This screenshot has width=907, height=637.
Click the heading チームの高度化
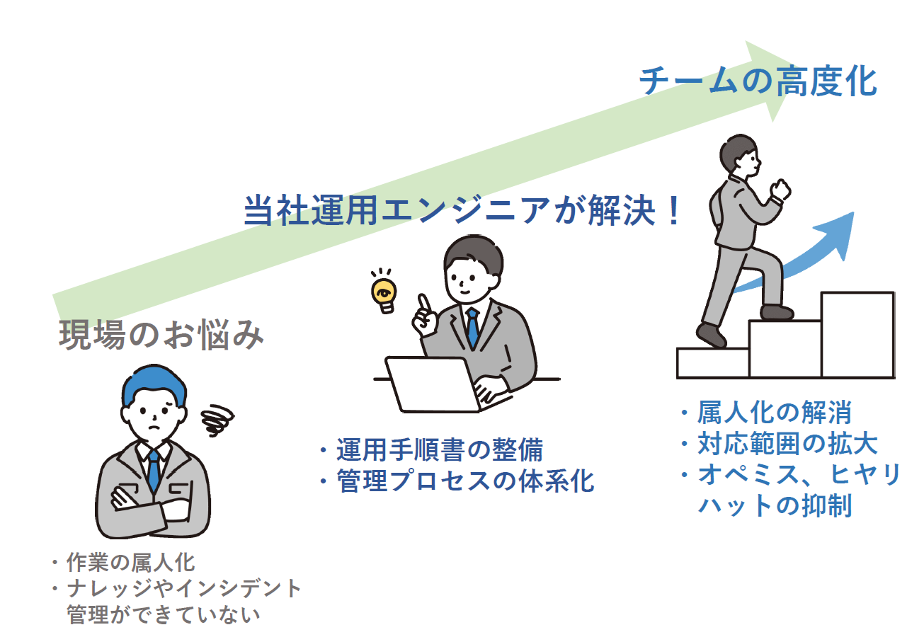pos(758,82)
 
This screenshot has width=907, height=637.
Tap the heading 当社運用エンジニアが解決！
pos(464,210)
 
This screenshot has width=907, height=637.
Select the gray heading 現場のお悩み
pos(161,335)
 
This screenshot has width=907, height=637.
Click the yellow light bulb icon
pos(384,293)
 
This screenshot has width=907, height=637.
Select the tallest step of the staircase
pos(857,334)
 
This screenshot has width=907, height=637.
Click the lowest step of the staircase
pos(712,362)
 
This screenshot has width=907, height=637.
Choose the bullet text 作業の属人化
pos(131,563)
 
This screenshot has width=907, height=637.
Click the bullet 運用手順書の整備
pos(440,450)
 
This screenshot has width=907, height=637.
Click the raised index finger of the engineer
pos(423,304)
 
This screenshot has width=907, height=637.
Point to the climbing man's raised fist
pos(781,189)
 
